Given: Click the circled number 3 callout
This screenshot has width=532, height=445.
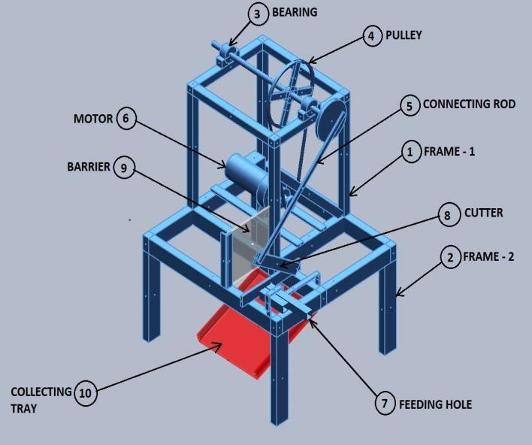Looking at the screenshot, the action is [257, 14].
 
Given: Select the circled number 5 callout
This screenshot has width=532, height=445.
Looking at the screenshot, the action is [410, 105].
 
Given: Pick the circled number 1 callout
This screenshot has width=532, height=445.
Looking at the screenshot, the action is [410, 152].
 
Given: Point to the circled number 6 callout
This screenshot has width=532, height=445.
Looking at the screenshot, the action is [127, 119].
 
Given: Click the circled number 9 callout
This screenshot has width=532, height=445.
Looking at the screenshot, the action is [123, 168].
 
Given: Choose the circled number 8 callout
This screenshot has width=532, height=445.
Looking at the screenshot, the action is [448, 216].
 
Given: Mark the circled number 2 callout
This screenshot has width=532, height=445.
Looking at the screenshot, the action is [449, 258].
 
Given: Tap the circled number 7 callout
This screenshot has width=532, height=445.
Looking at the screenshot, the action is [385, 404].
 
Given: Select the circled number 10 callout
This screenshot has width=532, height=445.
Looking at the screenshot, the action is [86, 393].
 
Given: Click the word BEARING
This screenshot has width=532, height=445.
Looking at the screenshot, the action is [295, 13].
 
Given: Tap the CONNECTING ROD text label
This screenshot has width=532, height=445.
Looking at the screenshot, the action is [469, 104].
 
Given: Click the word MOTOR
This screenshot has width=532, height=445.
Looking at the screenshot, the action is [93, 119].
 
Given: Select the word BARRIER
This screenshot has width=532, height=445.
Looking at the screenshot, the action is [88, 167].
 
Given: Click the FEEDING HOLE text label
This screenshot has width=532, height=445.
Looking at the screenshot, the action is [435, 404].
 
